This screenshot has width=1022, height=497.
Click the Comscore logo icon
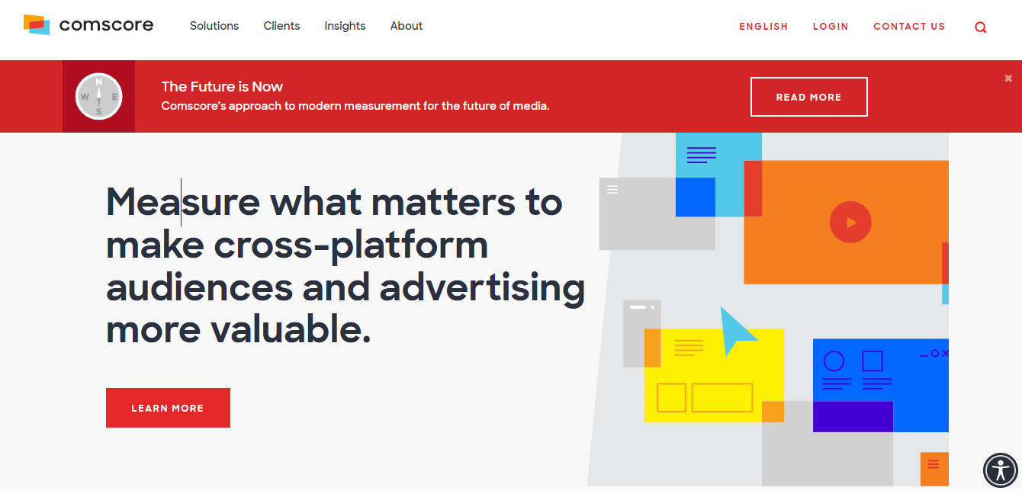pyautogui.click(x=37, y=24)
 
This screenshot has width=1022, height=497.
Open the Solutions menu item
pyautogui.click(x=214, y=26)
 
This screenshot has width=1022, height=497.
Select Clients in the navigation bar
pyautogui.click(x=281, y=26)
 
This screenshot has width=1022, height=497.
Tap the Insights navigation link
pyautogui.click(x=345, y=26)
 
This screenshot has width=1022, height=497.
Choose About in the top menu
pyautogui.click(x=406, y=26)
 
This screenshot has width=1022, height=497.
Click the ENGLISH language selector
pyautogui.click(x=763, y=27)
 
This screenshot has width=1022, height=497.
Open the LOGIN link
pyautogui.click(x=831, y=27)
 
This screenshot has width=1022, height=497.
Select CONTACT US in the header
pyautogui.click(x=909, y=27)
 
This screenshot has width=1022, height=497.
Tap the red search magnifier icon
pyautogui.click(x=981, y=27)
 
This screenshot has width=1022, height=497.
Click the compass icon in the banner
pyautogui.click(x=98, y=96)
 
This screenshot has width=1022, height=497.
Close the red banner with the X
pyautogui.click(x=1008, y=79)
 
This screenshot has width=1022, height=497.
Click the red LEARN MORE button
pyautogui.click(x=168, y=408)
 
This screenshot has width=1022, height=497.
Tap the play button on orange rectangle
pyautogui.click(x=850, y=222)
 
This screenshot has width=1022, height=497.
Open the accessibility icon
pyautogui.click(x=1000, y=470)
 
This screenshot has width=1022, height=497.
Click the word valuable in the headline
pyautogui.click(x=291, y=329)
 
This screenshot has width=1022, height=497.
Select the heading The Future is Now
pyautogui.click(x=222, y=87)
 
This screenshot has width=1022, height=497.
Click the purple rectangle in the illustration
pyautogui.click(x=853, y=416)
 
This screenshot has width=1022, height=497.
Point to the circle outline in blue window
pyautogui.click(x=834, y=361)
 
